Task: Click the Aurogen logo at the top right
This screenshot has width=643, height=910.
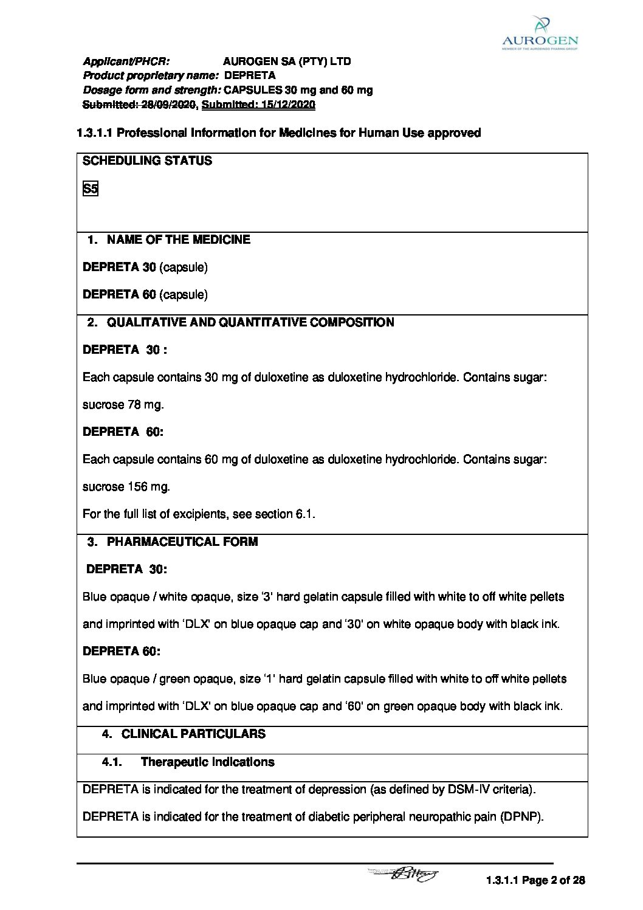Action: (x=540, y=33)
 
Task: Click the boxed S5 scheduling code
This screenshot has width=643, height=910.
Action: (x=90, y=188)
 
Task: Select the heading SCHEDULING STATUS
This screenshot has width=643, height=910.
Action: (x=147, y=161)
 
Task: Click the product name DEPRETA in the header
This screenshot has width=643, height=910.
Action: (x=250, y=75)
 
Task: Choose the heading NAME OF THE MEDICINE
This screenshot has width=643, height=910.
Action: (x=178, y=240)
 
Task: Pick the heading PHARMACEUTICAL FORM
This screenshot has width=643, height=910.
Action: (x=182, y=542)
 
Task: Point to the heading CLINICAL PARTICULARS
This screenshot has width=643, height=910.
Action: (x=193, y=734)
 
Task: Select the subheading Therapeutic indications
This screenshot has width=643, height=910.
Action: (x=207, y=762)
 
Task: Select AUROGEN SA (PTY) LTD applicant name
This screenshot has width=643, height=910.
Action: (x=287, y=61)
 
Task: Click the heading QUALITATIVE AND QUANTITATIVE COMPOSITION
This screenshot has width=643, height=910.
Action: (x=250, y=322)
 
